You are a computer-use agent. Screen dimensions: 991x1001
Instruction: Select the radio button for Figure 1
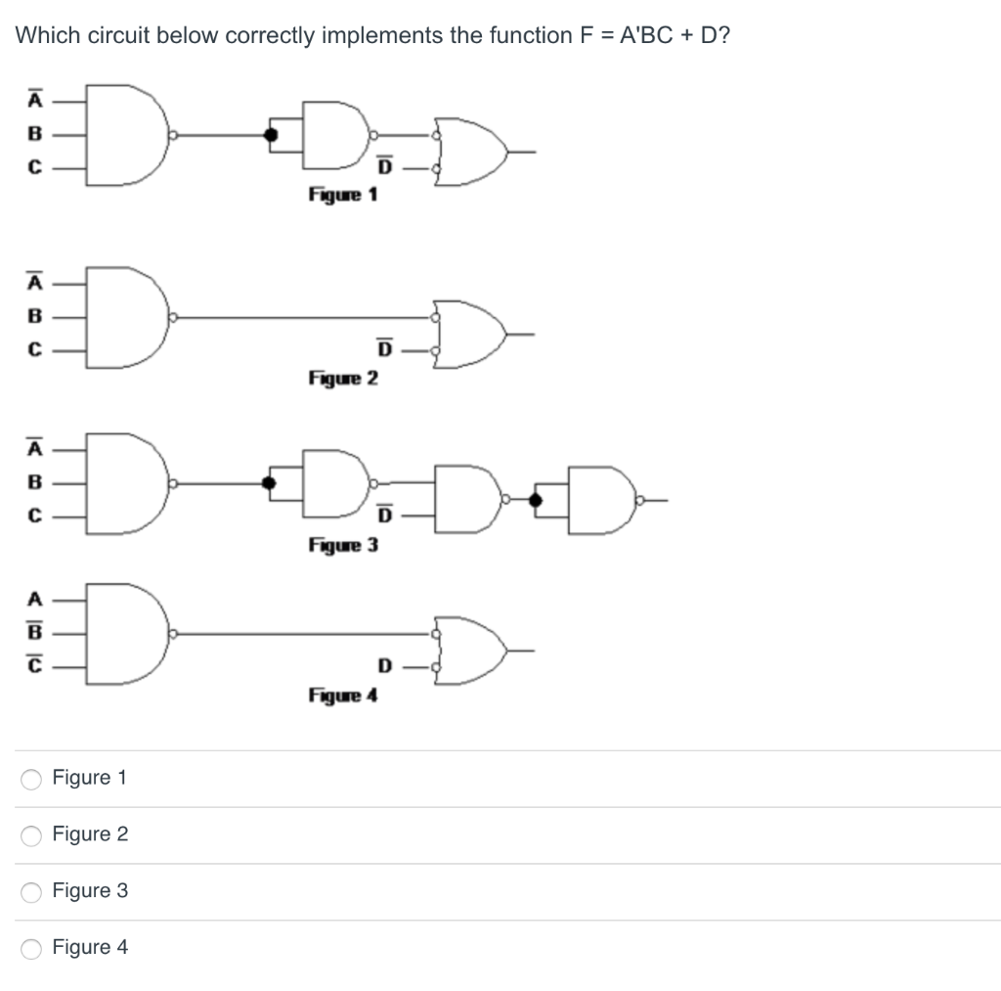tap(32, 779)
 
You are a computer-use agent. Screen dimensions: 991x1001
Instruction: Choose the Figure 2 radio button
tap(32, 835)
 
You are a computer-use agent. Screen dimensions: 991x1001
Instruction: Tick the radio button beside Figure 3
tap(32, 891)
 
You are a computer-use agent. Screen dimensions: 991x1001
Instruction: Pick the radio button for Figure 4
tap(32, 948)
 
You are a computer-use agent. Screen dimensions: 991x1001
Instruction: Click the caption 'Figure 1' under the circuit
tap(343, 194)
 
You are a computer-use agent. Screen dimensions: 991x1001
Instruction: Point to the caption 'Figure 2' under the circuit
tap(343, 378)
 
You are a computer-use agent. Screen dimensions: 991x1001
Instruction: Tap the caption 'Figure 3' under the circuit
tap(343, 544)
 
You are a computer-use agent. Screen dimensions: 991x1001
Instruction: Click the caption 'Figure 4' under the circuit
tap(343, 696)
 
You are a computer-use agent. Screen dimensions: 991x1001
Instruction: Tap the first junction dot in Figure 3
tap(270, 482)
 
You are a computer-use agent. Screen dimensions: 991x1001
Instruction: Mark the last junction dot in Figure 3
tap(535, 500)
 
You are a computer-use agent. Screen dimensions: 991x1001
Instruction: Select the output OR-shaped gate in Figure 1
tap(472, 151)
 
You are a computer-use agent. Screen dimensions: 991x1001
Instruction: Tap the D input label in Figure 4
tap(384, 667)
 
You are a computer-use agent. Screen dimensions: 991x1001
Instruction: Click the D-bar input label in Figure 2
tap(384, 349)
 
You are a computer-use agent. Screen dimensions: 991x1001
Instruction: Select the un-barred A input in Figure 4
tap(34, 598)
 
